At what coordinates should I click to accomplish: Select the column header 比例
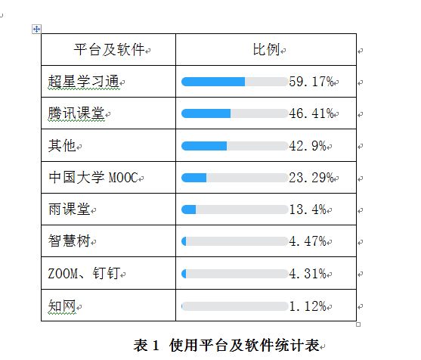pos(265,50)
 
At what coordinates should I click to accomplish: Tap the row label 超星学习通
pos(82,82)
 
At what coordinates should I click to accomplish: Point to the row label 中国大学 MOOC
pos(92,178)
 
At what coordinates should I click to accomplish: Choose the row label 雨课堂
pos(69,209)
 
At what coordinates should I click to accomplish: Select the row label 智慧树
pos(69,241)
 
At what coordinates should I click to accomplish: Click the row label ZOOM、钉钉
pos(82,274)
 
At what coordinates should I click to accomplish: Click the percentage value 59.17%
pos(311,82)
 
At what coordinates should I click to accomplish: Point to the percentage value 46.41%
pos(311,113)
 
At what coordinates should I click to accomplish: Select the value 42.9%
pos(308,145)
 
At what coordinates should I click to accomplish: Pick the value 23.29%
pos(311,178)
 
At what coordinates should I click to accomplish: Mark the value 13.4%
pos(308,209)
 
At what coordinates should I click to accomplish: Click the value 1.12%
pos(308,306)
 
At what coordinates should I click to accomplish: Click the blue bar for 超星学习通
pos(213,82)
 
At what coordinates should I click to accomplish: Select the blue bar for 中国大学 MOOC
pos(194,178)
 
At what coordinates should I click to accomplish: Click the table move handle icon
pos(36,29)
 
